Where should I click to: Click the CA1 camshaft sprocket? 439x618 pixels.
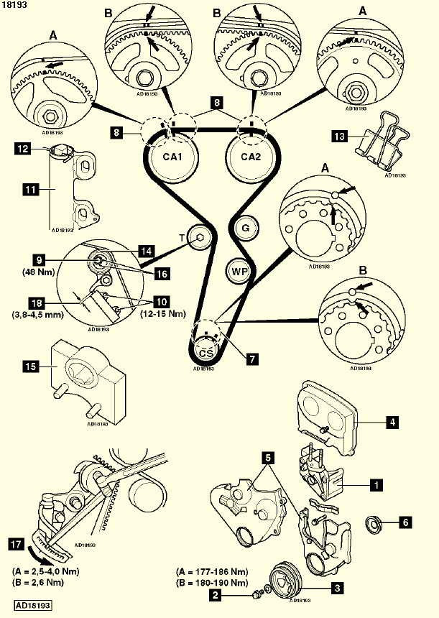(172, 157)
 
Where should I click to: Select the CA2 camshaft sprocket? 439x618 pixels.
(250, 157)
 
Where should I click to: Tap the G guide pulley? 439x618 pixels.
(246, 228)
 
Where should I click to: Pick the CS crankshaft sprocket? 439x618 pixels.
(206, 352)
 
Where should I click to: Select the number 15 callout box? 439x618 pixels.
(30, 367)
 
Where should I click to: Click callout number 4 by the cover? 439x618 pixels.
(393, 423)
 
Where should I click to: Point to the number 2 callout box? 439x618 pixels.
(214, 595)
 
